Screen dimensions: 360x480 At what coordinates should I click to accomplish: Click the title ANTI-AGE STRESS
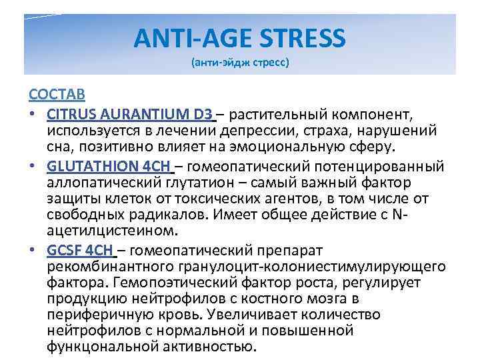coord(239,39)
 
